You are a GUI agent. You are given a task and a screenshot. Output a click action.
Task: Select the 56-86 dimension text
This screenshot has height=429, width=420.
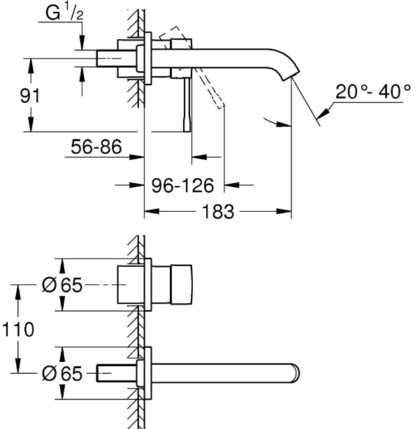coord(96,147)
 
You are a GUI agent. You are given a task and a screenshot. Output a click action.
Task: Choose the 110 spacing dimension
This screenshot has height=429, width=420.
coord(17,329)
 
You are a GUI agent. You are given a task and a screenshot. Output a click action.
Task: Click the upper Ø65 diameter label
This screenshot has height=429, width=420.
coord(62,286)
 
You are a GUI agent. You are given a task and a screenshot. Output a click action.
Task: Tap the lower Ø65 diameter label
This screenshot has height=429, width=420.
coord(62,374)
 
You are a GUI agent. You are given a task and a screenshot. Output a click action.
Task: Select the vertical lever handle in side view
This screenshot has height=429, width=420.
coord(187,103)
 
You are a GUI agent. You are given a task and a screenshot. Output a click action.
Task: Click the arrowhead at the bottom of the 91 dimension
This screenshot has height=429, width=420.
coord(31,126)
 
